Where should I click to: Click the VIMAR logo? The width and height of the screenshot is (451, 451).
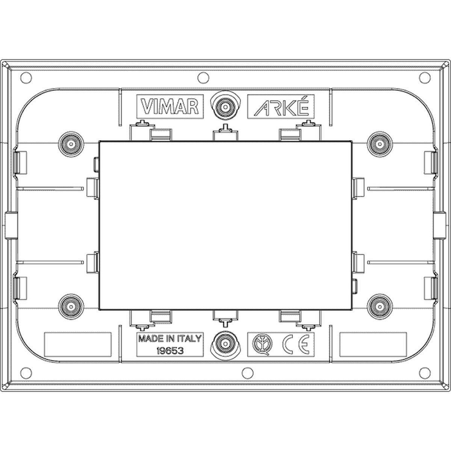(x=170, y=106)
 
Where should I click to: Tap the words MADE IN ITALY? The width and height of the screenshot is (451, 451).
(x=170, y=338)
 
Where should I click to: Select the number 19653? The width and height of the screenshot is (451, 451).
(x=170, y=351)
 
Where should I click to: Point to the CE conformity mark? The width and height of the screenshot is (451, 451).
(x=296, y=344)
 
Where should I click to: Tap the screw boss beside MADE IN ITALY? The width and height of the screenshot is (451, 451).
(x=225, y=344)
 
